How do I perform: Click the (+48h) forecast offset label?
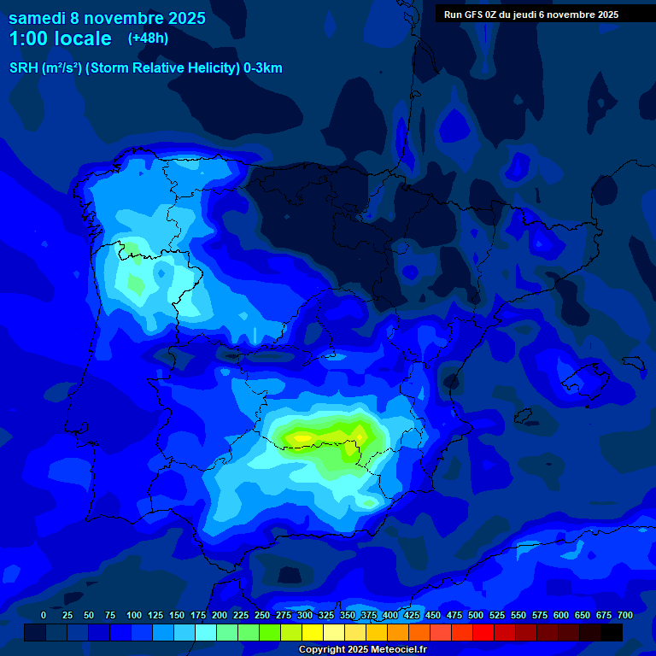pyautogui.click(x=148, y=38)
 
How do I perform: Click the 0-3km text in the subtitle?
pyautogui.click(x=263, y=68)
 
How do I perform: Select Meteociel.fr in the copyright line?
pyautogui.click(x=397, y=650)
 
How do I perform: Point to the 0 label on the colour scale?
pyautogui.click(x=44, y=616)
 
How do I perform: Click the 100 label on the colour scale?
pyautogui.click(x=134, y=616)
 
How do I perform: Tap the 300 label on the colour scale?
pyautogui.click(x=305, y=616)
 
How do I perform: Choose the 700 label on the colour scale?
pyautogui.click(x=625, y=616)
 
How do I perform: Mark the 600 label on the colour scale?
pyautogui.click(x=561, y=616)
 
